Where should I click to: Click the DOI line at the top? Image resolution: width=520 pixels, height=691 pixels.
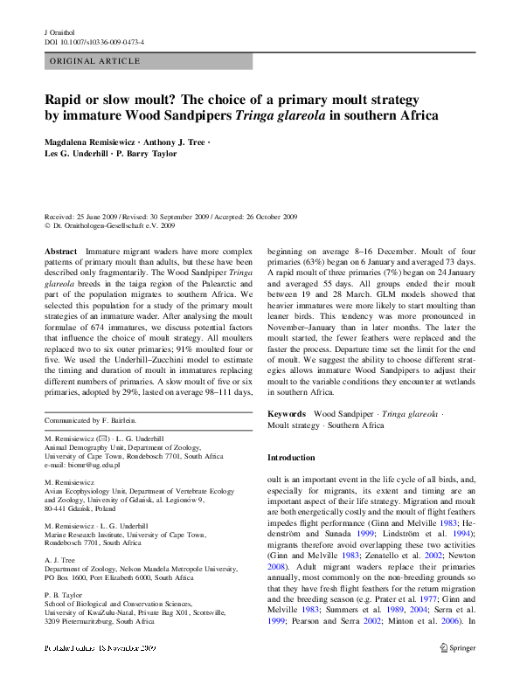(94, 42)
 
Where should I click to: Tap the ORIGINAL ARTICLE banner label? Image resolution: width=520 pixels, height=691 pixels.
(95, 61)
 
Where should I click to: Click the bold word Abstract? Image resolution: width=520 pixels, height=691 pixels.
(60, 251)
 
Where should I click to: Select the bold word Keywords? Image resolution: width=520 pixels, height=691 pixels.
(286, 412)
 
